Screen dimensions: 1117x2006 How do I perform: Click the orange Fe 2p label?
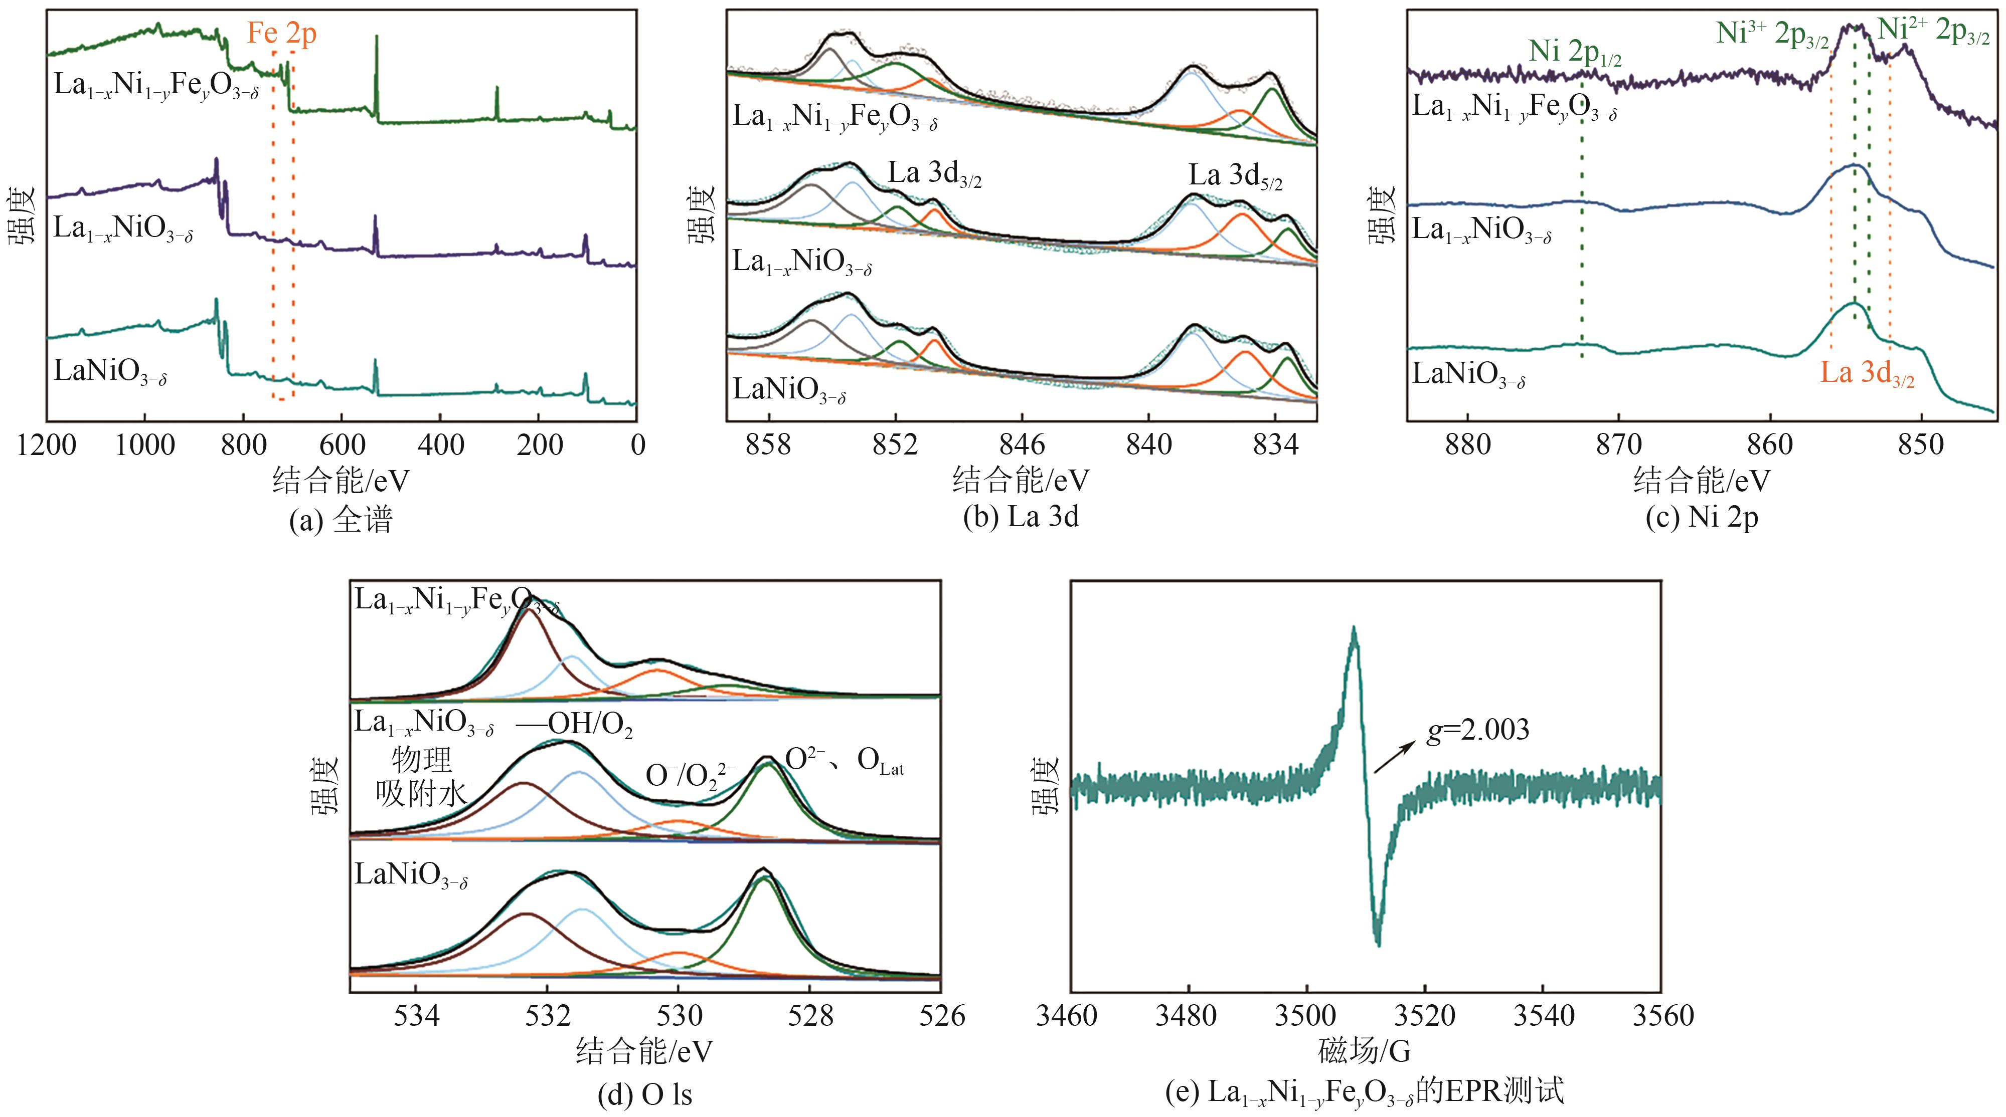click(282, 34)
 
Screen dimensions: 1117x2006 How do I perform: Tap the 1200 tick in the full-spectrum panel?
click(47, 445)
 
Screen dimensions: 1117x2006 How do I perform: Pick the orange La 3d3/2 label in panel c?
click(1867, 374)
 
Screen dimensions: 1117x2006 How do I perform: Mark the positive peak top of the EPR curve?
click(1354, 628)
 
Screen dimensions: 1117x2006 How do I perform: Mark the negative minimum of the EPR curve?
click(1378, 944)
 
